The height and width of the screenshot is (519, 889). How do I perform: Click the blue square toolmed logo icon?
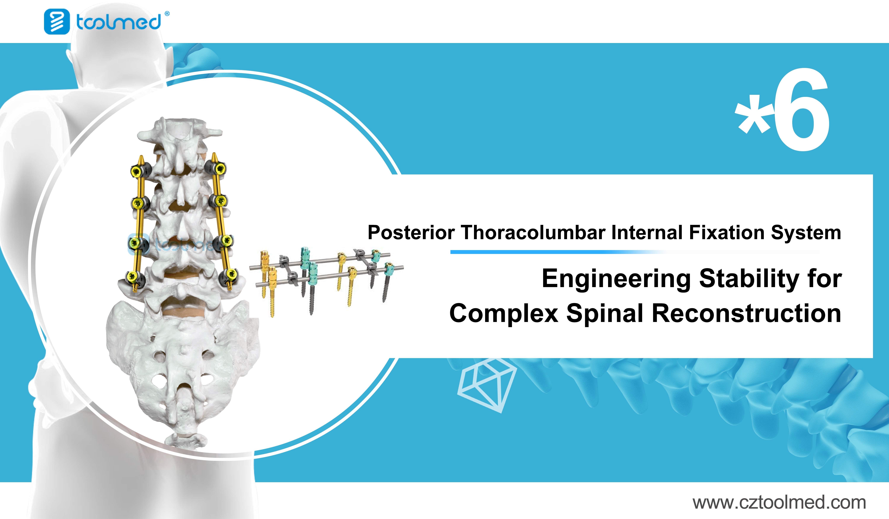coord(57,22)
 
